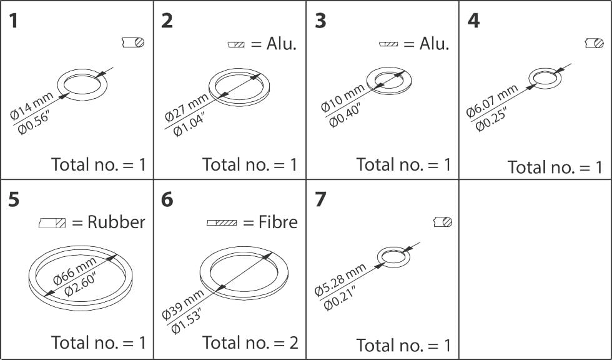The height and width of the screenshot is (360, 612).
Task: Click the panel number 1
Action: pyautogui.click(x=14, y=21)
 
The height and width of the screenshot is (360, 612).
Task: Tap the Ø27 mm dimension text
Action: pyautogui.click(x=185, y=106)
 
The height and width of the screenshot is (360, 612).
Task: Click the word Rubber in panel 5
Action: pyautogui.click(x=116, y=222)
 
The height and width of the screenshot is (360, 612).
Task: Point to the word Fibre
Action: pyautogui.click(x=278, y=222)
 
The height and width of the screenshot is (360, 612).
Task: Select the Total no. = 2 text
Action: pyautogui.click(x=250, y=342)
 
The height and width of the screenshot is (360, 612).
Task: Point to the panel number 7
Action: pyautogui.click(x=320, y=199)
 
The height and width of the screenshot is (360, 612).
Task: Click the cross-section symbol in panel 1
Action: pyautogui.click(x=133, y=42)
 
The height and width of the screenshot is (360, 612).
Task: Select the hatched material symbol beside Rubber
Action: pyautogui.click(x=52, y=222)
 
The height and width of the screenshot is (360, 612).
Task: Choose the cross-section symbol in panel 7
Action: pyautogui.click(x=443, y=222)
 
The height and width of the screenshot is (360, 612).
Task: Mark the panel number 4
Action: pyautogui.click(x=473, y=21)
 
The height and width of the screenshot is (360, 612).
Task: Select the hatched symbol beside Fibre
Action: pyautogui.click(x=222, y=222)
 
